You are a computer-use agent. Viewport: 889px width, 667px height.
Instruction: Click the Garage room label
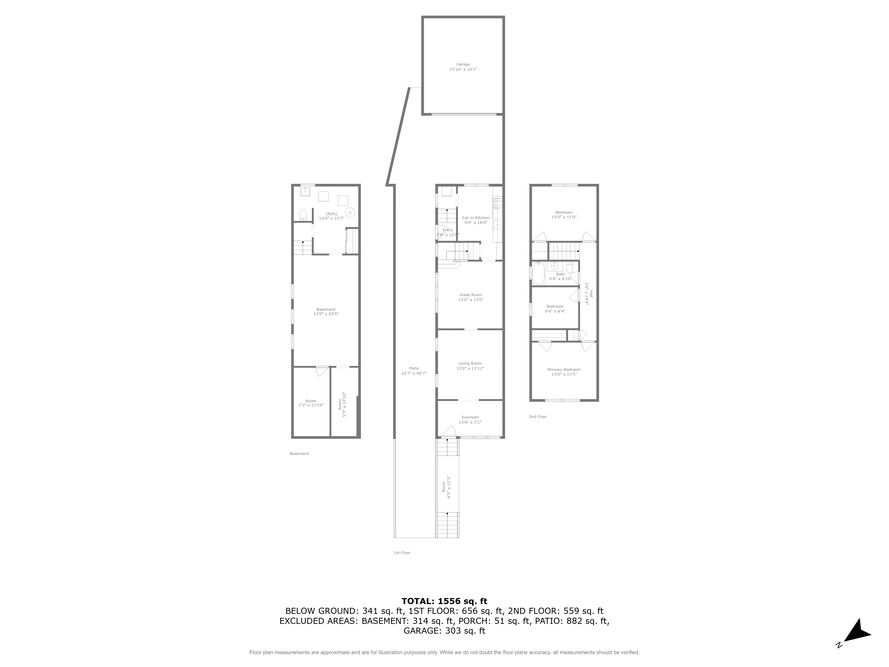point(463,64)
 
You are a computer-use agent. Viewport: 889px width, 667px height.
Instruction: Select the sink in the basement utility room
point(305,191)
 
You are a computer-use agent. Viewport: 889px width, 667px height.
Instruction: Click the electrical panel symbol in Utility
point(350,212)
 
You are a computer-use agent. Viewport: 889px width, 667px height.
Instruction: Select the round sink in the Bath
point(555,266)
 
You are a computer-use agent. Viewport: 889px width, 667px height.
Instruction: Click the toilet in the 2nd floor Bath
point(569,267)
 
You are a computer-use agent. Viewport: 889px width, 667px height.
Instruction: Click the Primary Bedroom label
point(564,370)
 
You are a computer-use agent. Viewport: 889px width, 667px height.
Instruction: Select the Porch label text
point(444,487)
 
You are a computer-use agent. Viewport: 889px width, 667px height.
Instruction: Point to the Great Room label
point(471,295)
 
